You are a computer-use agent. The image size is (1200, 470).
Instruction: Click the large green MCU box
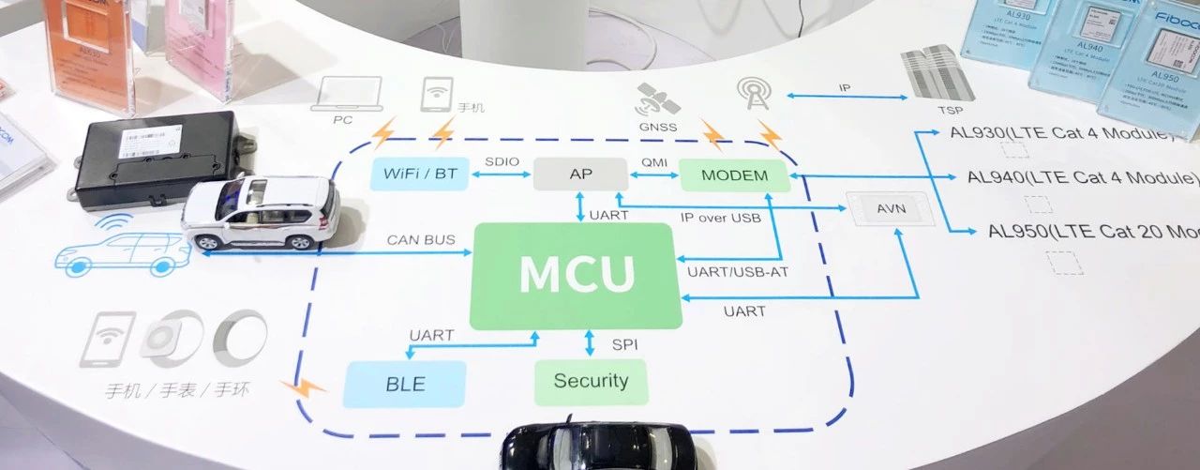(576, 276)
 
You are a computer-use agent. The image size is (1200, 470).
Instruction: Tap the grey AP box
(579, 174)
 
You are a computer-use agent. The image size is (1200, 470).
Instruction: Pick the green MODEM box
(734, 175)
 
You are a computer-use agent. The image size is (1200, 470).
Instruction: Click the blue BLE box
(404, 384)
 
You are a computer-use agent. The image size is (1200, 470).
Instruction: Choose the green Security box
(590, 381)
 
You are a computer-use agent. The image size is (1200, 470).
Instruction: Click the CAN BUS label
(421, 240)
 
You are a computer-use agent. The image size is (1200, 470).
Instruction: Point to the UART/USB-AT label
(727, 272)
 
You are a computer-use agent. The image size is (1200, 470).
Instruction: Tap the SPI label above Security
(624, 345)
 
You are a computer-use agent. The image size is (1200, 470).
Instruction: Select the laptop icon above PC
(351, 95)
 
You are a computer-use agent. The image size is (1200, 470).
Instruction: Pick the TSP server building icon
(932, 70)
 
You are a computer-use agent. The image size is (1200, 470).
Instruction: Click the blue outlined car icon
(122, 251)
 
